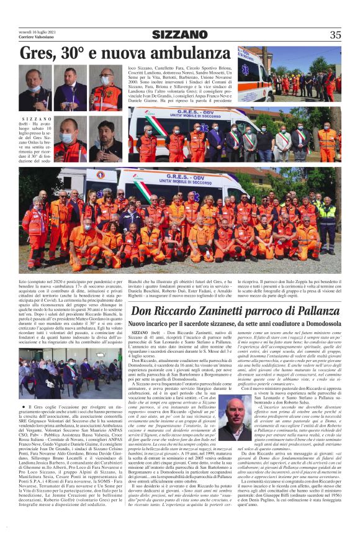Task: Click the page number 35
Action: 335,35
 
